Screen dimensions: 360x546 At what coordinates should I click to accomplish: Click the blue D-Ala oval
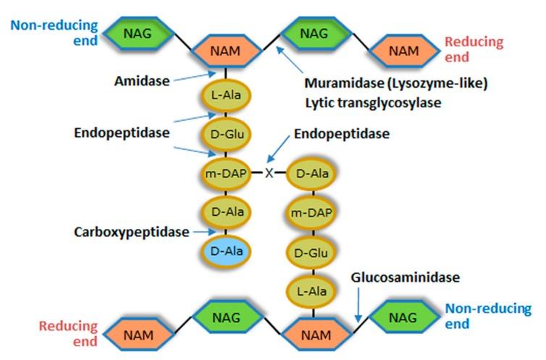tap(227, 251)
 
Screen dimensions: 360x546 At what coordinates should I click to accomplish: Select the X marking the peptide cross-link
tap(269, 173)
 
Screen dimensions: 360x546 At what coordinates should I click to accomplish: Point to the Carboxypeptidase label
tap(131, 233)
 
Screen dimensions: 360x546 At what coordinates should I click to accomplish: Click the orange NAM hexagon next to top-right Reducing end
tap(403, 50)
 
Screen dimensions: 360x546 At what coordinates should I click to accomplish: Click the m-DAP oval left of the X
tap(227, 174)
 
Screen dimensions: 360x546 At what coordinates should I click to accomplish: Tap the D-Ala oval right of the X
tap(312, 174)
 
